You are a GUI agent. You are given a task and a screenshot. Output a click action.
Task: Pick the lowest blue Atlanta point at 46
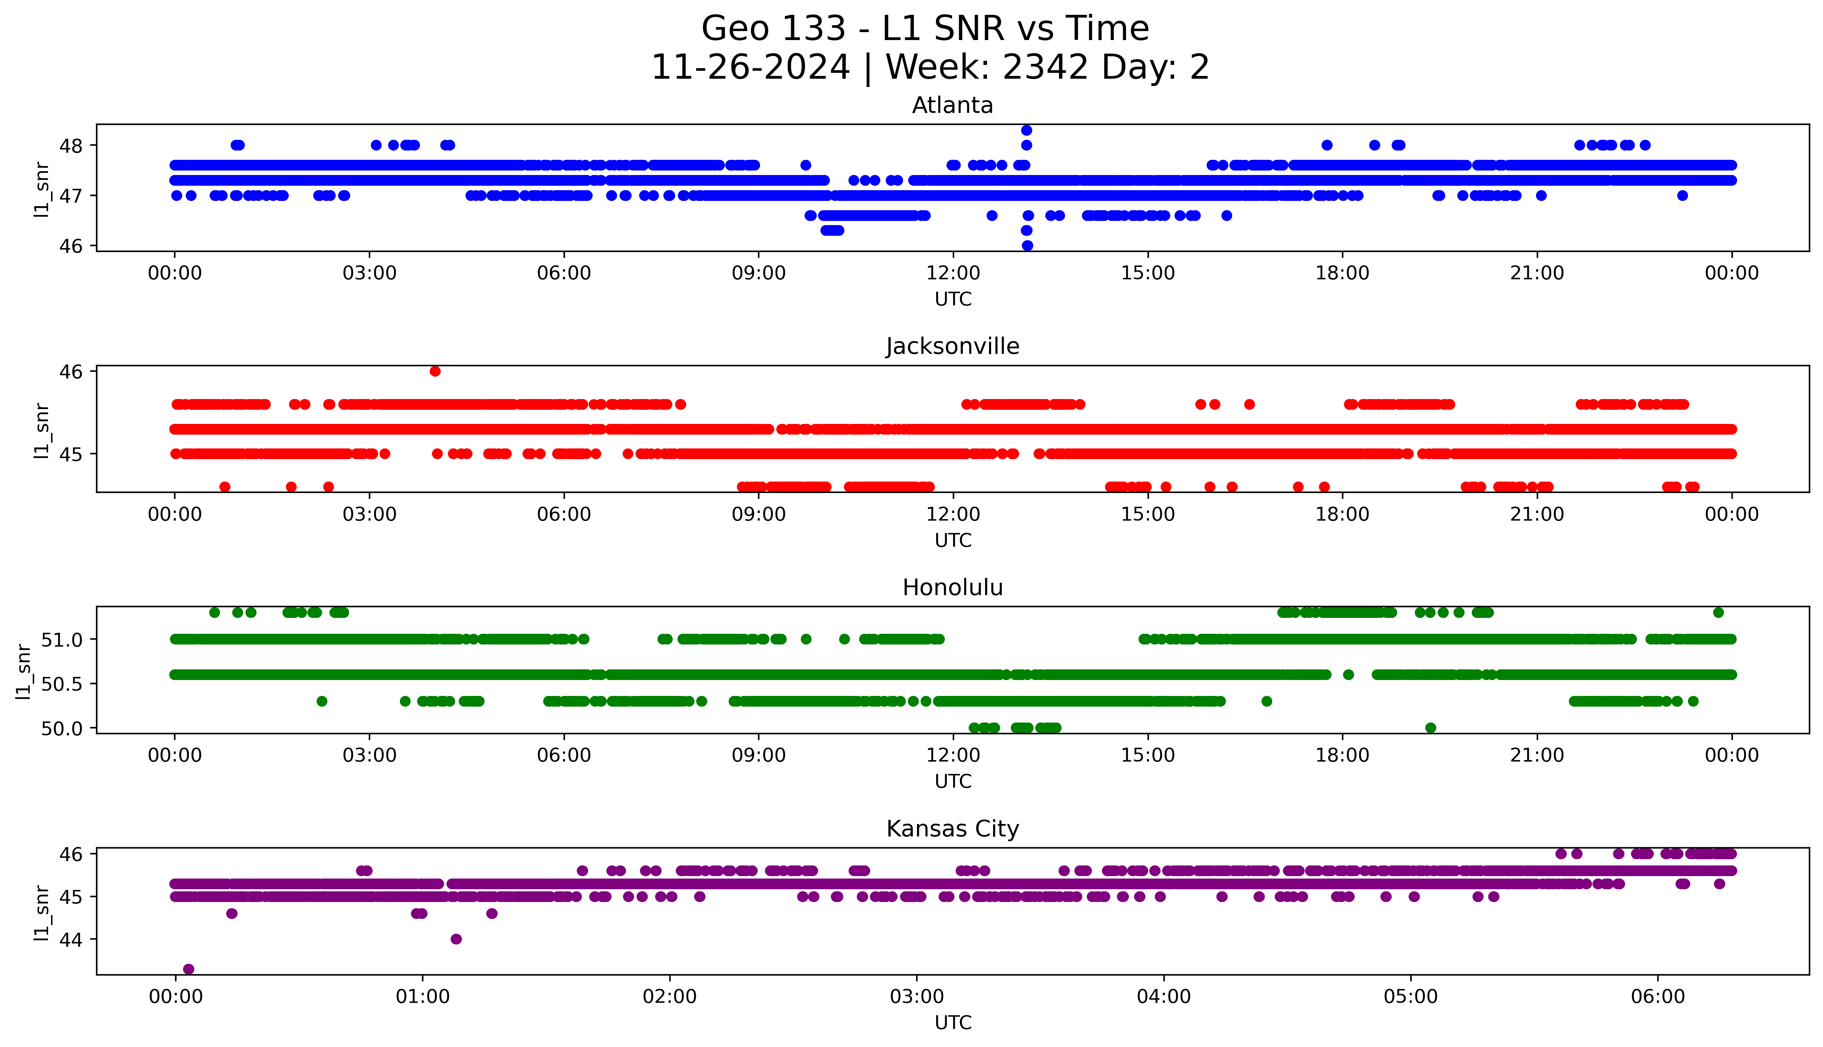pyautogui.click(x=1027, y=245)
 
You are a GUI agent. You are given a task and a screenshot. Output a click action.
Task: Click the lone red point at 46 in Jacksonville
pyautogui.click(x=435, y=371)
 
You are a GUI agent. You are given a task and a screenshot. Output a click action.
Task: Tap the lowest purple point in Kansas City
pyautogui.click(x=189, y=969)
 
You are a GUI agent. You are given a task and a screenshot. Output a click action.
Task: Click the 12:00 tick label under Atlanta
pyautogui.click(x=953, y=273)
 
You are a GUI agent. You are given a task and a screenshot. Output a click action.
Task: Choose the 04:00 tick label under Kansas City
pyautogui.click(x=1163, y=997)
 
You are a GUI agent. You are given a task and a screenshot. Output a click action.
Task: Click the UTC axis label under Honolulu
pyautogui.click(x=953, y=781)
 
